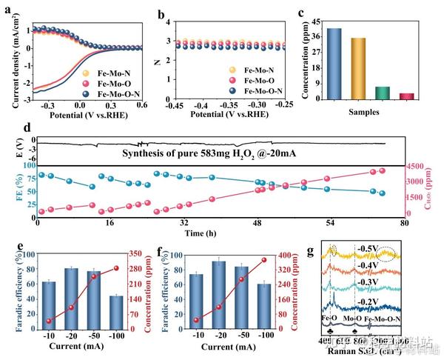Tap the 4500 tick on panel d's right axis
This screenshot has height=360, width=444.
pos(417,166)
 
